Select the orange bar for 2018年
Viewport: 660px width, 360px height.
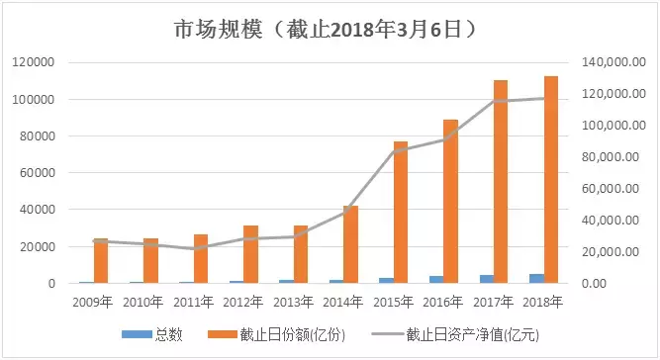tap(551, 179)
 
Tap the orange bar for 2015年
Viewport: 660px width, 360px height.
tap(401, 212)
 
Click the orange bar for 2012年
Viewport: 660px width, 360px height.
tap(250, 254)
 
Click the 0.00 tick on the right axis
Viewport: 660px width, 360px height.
tap(623, 284)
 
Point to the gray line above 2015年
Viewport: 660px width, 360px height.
tap(393, 150)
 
